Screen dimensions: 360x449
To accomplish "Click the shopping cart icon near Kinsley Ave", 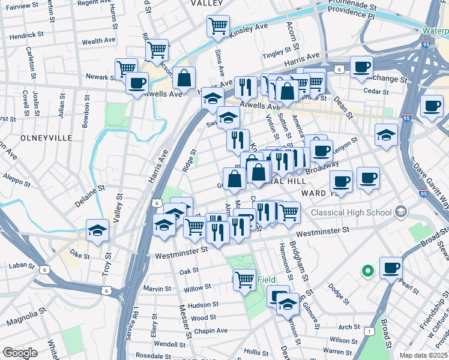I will (x=218, y=26).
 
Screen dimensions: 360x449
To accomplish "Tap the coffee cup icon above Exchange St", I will (x=362, y=67).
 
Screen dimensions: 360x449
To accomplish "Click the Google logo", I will (x=20, y=352).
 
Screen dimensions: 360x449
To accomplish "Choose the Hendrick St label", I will (x=26, y=35).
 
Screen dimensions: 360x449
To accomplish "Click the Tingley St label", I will (x=277, y=53).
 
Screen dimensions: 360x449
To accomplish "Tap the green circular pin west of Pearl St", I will (x=368, y=271).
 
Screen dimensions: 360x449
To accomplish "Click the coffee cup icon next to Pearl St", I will (x=391, y=268).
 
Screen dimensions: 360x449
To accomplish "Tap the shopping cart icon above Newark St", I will (x=126, y=69).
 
